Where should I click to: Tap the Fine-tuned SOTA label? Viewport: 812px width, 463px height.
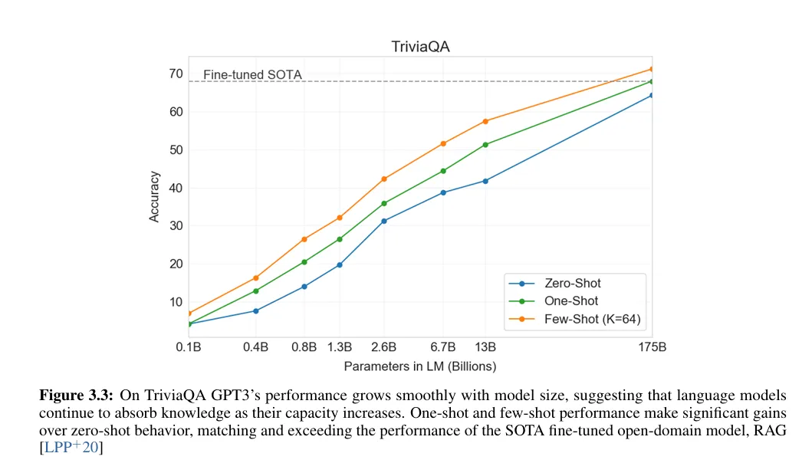(252, 75)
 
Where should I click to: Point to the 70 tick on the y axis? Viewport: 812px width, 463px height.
(176, 74)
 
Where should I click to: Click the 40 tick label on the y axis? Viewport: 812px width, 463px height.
(176, 188)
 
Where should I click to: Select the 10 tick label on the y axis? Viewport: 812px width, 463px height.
(176, 302)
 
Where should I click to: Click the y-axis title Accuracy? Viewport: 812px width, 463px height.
(154, 196)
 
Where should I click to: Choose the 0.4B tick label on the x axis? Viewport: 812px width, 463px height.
(256, 347)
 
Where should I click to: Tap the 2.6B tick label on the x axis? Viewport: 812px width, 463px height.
(384, 347)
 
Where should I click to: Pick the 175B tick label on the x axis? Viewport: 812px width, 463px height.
(652, 347)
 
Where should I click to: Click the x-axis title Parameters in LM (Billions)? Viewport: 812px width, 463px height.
(420, 366)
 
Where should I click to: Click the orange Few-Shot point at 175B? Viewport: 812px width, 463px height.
(652, 69)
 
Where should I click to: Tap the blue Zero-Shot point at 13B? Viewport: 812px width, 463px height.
(485, 181)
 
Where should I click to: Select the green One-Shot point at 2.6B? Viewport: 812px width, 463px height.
(384, 203)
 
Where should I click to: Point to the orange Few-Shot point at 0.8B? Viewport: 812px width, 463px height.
(304, 239)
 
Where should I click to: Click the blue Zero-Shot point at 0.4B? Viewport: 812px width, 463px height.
(256, 310)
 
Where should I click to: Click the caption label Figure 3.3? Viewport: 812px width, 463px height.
(77, 396)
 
